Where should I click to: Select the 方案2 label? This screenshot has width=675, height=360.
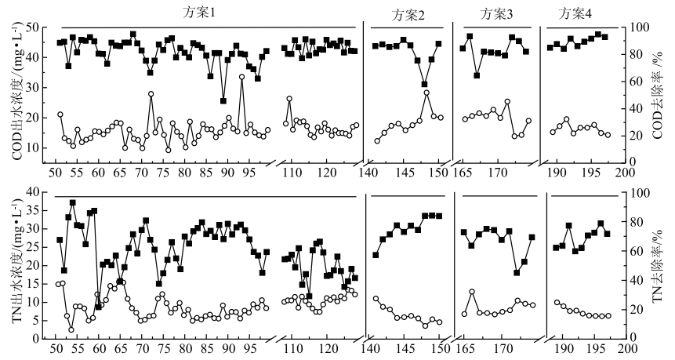pyautogui.click(x=408, y=15)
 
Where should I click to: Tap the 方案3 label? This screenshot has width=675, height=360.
pyautogui.click(x=496, y=13)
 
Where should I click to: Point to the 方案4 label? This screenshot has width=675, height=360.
pyautogui.click(x=575, y=13)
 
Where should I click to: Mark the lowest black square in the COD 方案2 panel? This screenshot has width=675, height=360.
pyautogui.click(x=425, y=84)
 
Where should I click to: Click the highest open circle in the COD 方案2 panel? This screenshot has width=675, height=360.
pyautogui.click(x=426, y=93)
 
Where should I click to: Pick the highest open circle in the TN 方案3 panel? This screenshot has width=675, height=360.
pyautogui.click(x=471, y=292)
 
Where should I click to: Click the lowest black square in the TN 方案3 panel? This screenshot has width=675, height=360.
pyautogui.click(x=517, y=273)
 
